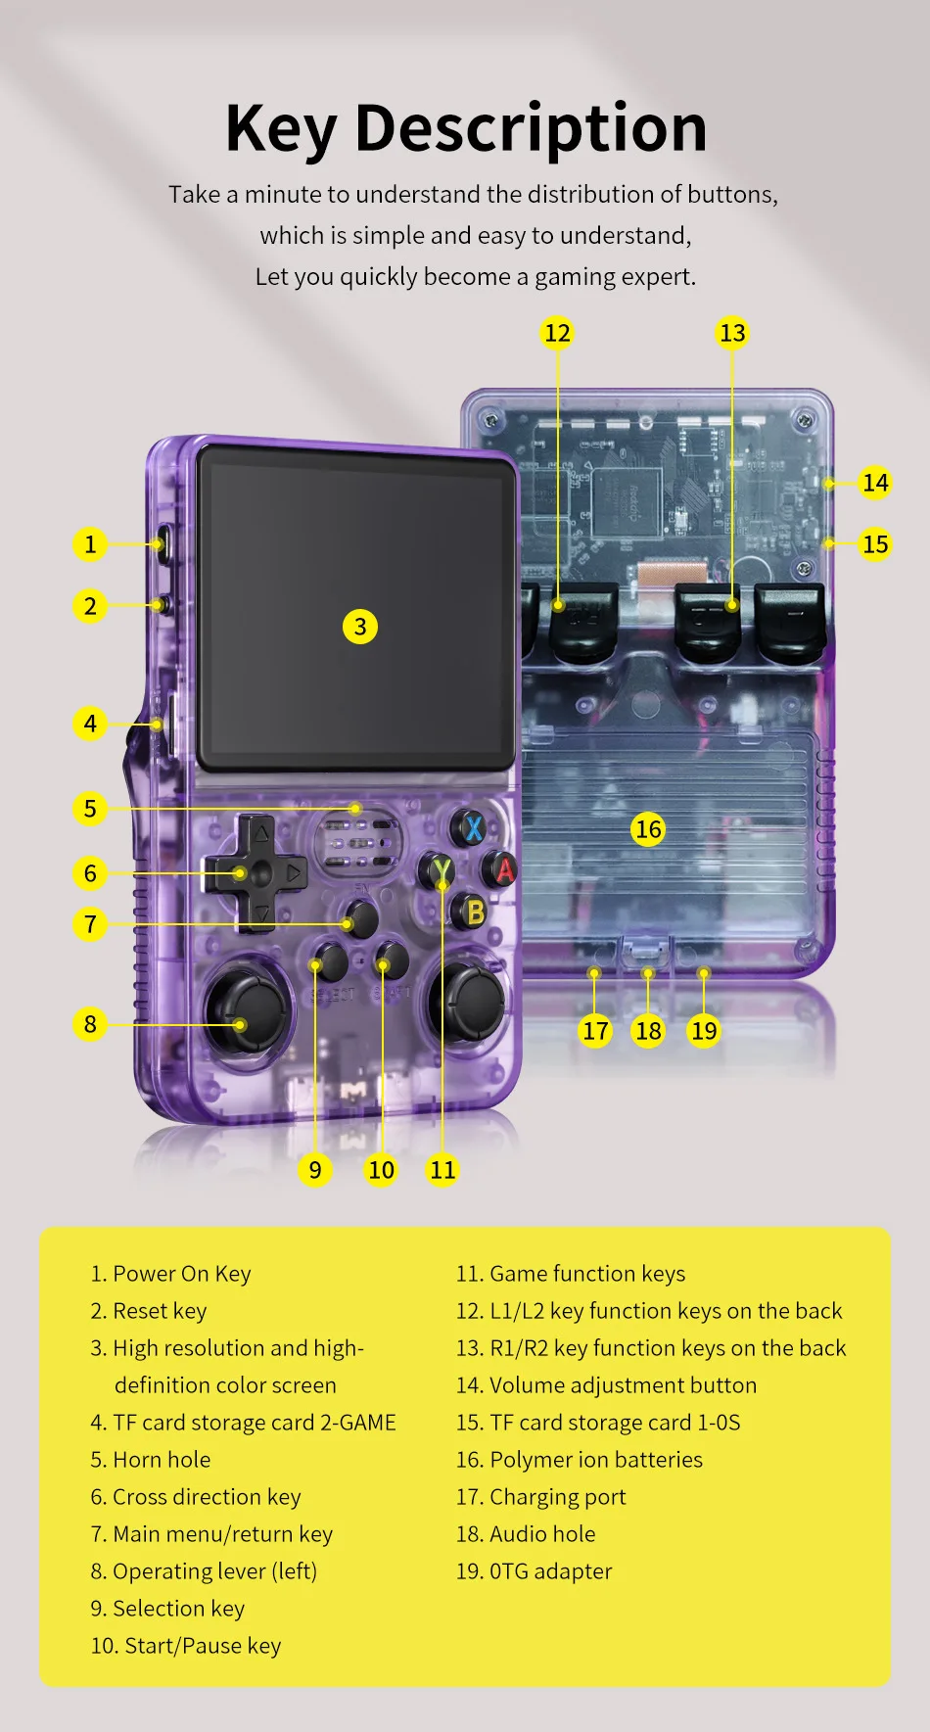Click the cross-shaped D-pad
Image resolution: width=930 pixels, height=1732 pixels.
tap(256, 872)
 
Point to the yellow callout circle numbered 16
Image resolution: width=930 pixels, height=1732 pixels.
tap(648, 829)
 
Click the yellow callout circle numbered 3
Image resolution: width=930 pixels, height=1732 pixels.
tap(360, 627)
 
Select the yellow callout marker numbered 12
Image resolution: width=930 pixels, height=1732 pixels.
tap(557, 333)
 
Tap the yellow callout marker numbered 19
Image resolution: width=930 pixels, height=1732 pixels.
tap(704, 1030)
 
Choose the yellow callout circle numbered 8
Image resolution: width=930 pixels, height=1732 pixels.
tap(90, 1024)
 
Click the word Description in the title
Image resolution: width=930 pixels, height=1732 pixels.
tap(531, 129)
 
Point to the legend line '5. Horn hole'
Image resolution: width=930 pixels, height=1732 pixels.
tap(151, 1460)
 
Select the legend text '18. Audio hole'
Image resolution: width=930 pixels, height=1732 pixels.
tap(526, 1534)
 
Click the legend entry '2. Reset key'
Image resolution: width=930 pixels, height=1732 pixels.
tap(149, 1311)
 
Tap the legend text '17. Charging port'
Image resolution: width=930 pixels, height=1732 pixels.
tap(540, 1497)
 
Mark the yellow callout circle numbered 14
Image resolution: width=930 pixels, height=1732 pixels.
tap(875, 483)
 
